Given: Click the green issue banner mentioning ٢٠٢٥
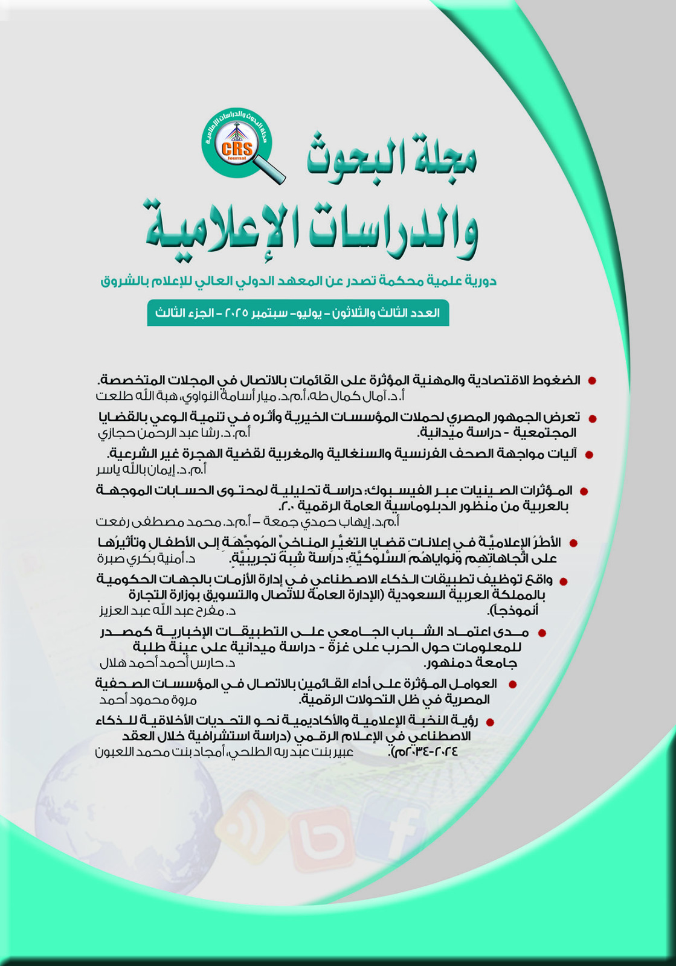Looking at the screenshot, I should point(298,313).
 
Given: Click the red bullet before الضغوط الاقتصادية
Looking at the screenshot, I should point(592,381).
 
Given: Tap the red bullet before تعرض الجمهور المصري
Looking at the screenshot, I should point(593,418).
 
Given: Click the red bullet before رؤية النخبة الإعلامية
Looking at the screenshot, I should point(490,722).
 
